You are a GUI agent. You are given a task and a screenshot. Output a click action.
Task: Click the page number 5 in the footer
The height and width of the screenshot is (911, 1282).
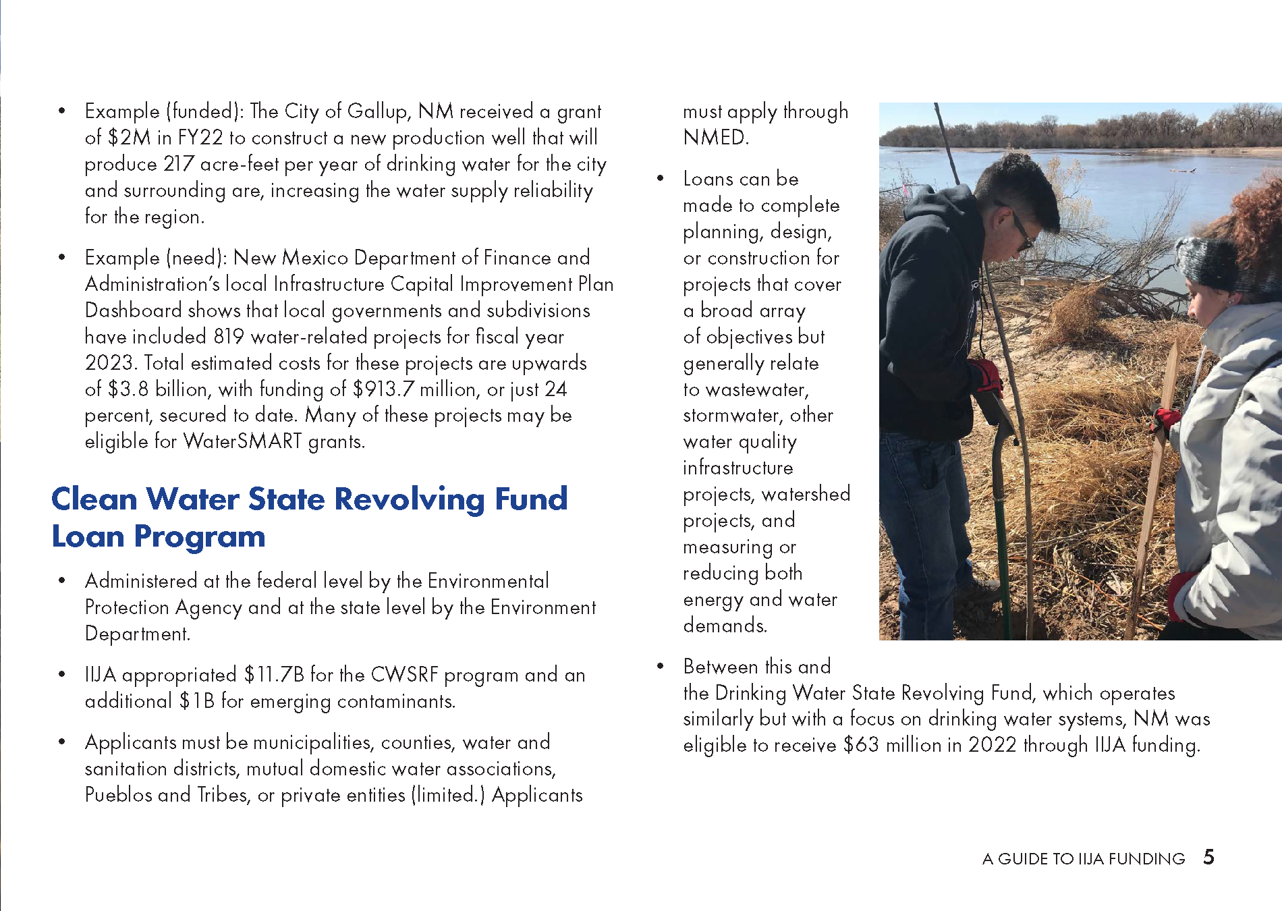[x=1208, y=857]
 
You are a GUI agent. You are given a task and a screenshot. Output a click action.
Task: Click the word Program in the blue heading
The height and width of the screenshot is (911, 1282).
[x=199, y=537]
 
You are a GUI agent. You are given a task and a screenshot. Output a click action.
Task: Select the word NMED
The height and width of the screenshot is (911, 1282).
[x=715, y=138]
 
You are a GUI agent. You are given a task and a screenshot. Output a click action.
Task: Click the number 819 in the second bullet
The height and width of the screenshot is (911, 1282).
[x=229, y=337]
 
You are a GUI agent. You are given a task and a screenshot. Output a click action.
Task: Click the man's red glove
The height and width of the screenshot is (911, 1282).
[x=986, y=375]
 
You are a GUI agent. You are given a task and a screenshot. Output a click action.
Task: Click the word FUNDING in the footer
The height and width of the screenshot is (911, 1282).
[x=1146, y=859]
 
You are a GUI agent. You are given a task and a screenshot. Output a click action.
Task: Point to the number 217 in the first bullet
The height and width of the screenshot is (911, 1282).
[x=179, y=164]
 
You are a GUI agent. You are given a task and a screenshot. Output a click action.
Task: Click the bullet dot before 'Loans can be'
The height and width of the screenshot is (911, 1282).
[x=661, y=179]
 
